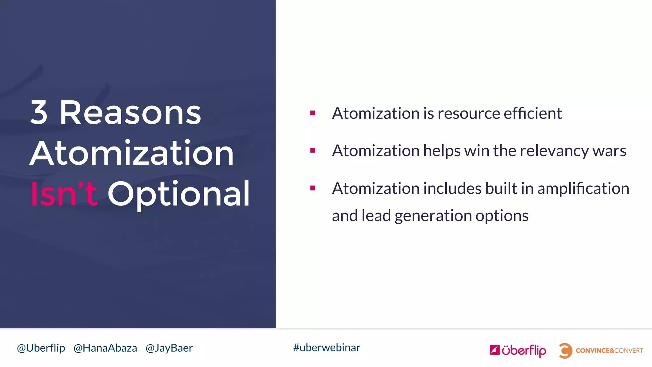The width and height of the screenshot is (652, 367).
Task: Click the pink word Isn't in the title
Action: [x=64, y=193]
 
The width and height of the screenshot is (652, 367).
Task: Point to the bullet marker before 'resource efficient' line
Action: [x=313, y=113]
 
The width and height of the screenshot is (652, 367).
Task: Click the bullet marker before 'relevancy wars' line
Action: [x=313, y=150]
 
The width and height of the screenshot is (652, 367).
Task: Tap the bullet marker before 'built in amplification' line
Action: [x=313, y=188]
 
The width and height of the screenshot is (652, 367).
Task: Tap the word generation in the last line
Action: [x=433, y=216]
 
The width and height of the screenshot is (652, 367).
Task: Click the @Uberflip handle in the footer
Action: [x=41, y=348]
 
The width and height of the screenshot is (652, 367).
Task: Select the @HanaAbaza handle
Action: [x=105, y=348]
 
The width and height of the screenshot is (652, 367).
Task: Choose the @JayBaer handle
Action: [x=169, y=348]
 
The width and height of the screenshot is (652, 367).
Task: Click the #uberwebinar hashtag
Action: [x=327, y=348]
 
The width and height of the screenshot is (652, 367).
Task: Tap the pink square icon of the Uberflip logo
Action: [x=494, y=350]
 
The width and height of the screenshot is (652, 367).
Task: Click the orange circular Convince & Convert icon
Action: [x=565, y=351]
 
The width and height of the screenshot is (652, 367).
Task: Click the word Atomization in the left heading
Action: [x=132, y=154]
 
